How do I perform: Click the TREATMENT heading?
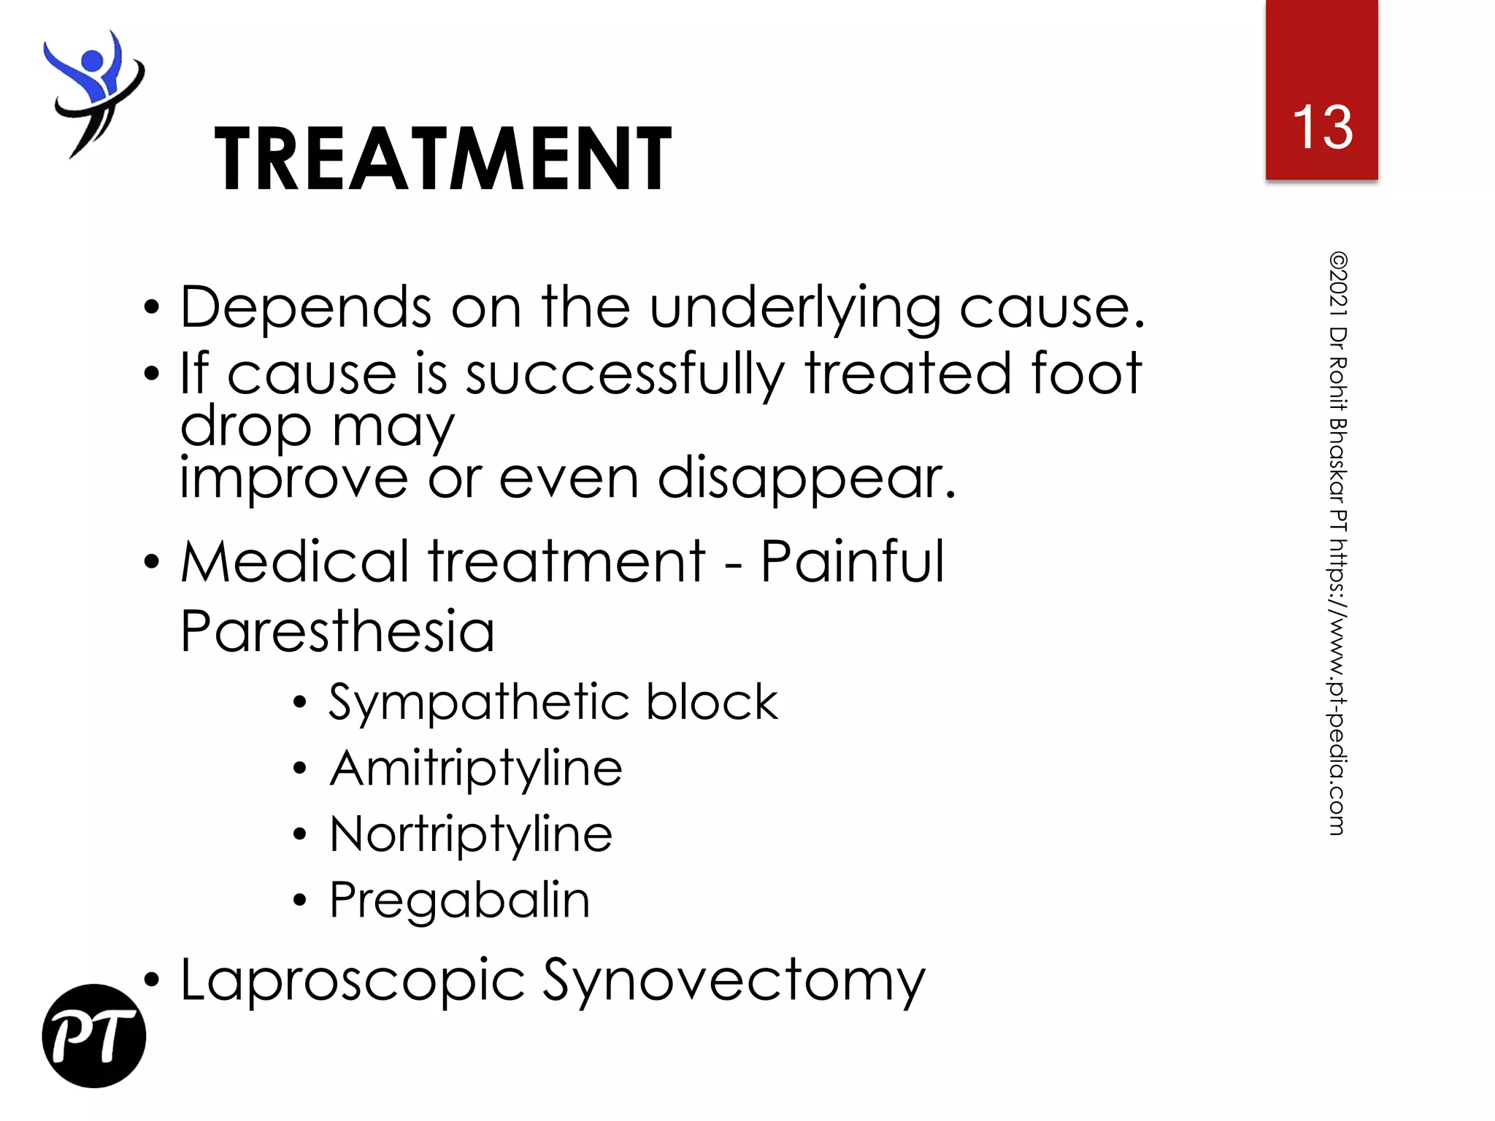(x=442, y=158)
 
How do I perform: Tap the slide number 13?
(x=1322, y=127)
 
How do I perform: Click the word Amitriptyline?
(x=476, y=770)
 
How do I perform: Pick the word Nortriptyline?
(x=471, y=836)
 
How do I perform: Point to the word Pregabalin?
(x=459, y=901)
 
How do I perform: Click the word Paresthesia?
(x=337, y=631)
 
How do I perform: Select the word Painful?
(x=853, y=562)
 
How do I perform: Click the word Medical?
(x=295, y=562)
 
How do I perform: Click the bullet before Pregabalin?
(x=299, y=901)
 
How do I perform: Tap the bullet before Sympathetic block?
(x=299, y=703)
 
